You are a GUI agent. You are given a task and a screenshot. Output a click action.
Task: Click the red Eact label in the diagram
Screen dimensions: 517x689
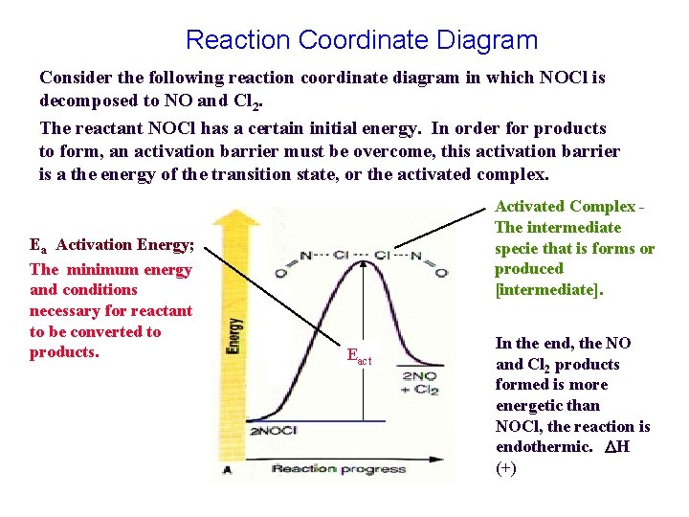pyautogui.click(x=359, y=359)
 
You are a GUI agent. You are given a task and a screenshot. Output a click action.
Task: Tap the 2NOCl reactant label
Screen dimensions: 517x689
pyautogui.click(x=272, y=432)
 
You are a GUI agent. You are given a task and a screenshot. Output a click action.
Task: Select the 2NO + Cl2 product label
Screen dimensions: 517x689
pyautogui.click(x=420, y=382)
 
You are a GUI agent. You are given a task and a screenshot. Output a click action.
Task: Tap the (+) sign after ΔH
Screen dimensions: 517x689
pyautogui.click(x=505, y=468)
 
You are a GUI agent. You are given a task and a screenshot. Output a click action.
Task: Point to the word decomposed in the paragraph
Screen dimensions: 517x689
pyautogui.click(x=84, y=100)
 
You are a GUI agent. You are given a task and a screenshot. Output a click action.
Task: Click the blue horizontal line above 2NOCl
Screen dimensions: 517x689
pyautogui.click(x=316, y=421)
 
